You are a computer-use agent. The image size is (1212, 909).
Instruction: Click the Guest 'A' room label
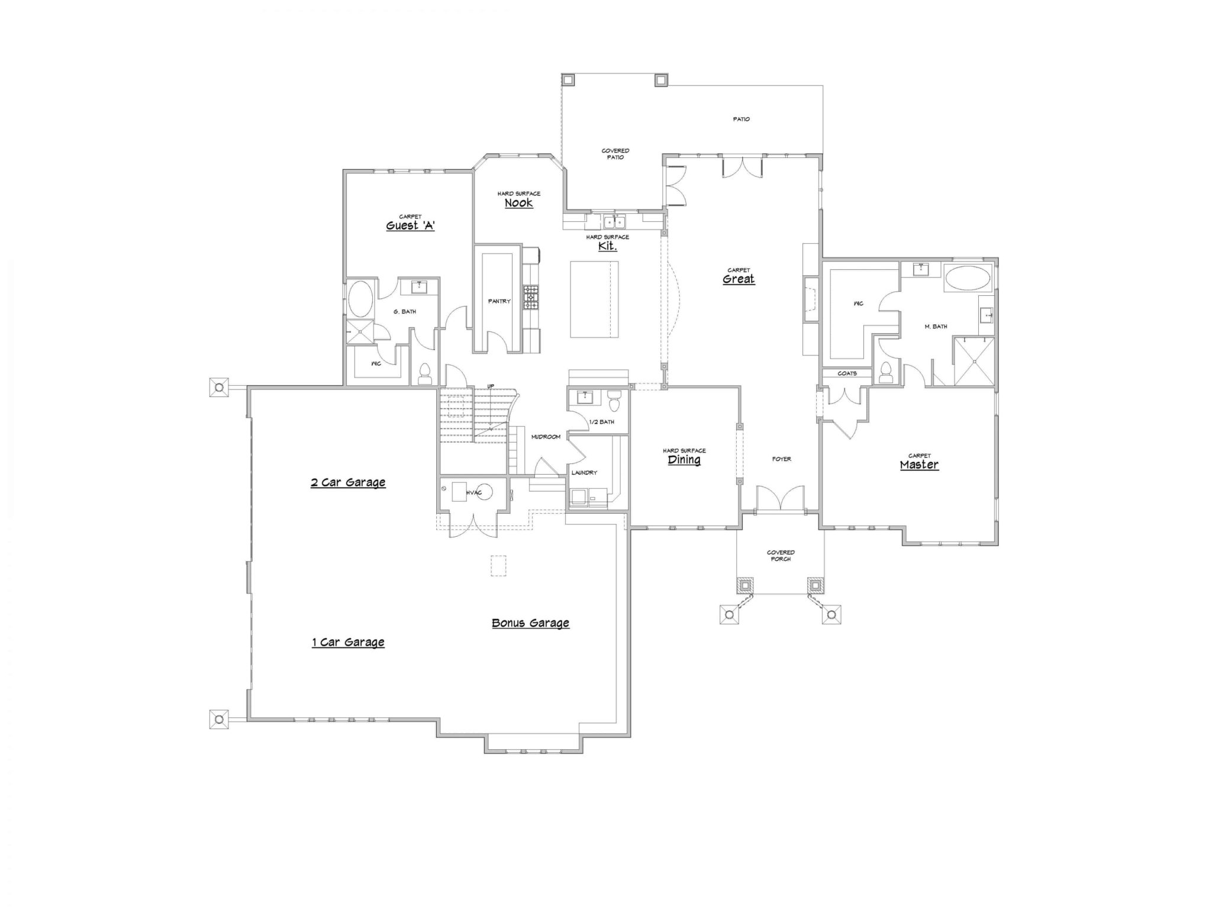(410, 225)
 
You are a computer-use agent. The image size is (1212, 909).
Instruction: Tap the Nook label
(518, 202)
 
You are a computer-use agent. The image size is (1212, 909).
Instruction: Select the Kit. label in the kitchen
(607, 246)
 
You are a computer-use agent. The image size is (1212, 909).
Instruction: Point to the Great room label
(739, 279)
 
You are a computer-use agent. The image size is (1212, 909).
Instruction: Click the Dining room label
(684, 459)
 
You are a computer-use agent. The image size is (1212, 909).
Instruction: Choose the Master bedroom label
(919, 465)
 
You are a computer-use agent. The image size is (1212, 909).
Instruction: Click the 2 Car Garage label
(348, 482)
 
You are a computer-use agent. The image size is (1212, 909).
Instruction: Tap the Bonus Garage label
(530, 623)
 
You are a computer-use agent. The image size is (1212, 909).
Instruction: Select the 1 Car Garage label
(348, 642)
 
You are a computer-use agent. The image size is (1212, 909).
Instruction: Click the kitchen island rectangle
(594, 299)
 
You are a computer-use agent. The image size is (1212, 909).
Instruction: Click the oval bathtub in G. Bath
(360, 299)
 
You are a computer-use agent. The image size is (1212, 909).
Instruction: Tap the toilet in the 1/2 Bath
(614, 401)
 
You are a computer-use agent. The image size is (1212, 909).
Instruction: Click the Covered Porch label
(781, 556)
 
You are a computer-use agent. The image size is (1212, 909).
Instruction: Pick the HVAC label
(473, 493)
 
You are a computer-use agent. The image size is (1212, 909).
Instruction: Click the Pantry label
(499, 301)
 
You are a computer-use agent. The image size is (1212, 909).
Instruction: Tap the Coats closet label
(847, 373)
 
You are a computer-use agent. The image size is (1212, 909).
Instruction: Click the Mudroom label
(545, 437)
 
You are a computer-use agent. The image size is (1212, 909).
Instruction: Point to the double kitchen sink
(615, 223)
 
